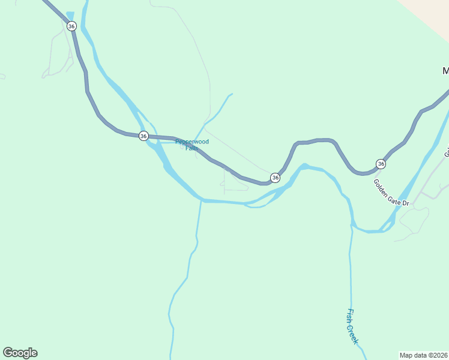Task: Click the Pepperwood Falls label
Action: pyautogui.click(x=192, y=145)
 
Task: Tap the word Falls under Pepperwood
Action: pyautogui.click(x=191, y=148)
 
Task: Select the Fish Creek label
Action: pyautogui.click(x=352, y=326)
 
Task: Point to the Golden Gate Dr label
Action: pyautogui.click(x=391, y=193)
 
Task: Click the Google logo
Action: pyautogui.click(x=20, y=353)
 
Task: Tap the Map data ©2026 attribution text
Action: pyautogui.click(x=423, y=355)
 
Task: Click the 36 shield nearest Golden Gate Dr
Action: pyautogui.click(x=381, y=164)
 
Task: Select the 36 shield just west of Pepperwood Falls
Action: pyautogui.click(x=143, y=136)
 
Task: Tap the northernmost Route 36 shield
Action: pyautogui.click(x=71, y=26)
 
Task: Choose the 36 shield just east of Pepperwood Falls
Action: pyautogui.click(x=275, y=178)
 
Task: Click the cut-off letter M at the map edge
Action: pyautogui.click(x=445, y=71)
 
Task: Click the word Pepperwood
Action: pyautogui.click(x=192, y=142)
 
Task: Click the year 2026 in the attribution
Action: pyautogui.click(x=437, y=355)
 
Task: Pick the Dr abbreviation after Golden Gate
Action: pyautogui.click(x=405, y=203)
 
